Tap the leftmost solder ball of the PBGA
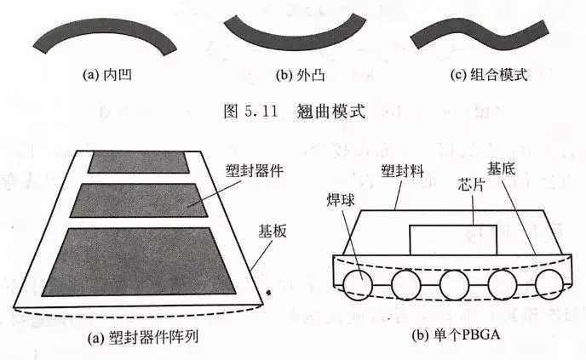click(x=357, y=283)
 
